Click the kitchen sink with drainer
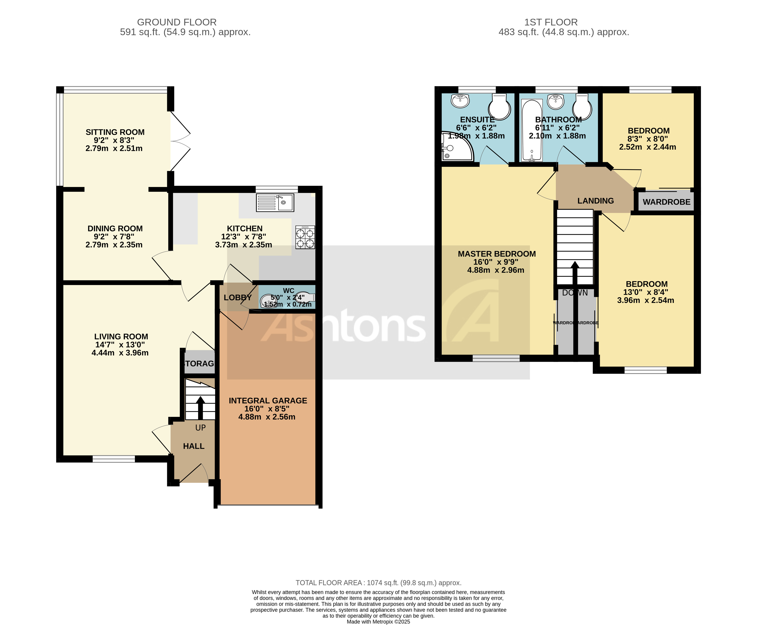275,202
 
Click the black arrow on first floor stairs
575,274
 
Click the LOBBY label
237,297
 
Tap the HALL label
193,446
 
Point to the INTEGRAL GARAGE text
268,400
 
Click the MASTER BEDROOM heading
496,254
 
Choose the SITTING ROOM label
115,132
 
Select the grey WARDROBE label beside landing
666,202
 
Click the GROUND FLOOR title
177,22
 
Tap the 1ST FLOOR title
551,22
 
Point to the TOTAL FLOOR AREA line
378,583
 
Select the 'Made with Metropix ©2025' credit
378,621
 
